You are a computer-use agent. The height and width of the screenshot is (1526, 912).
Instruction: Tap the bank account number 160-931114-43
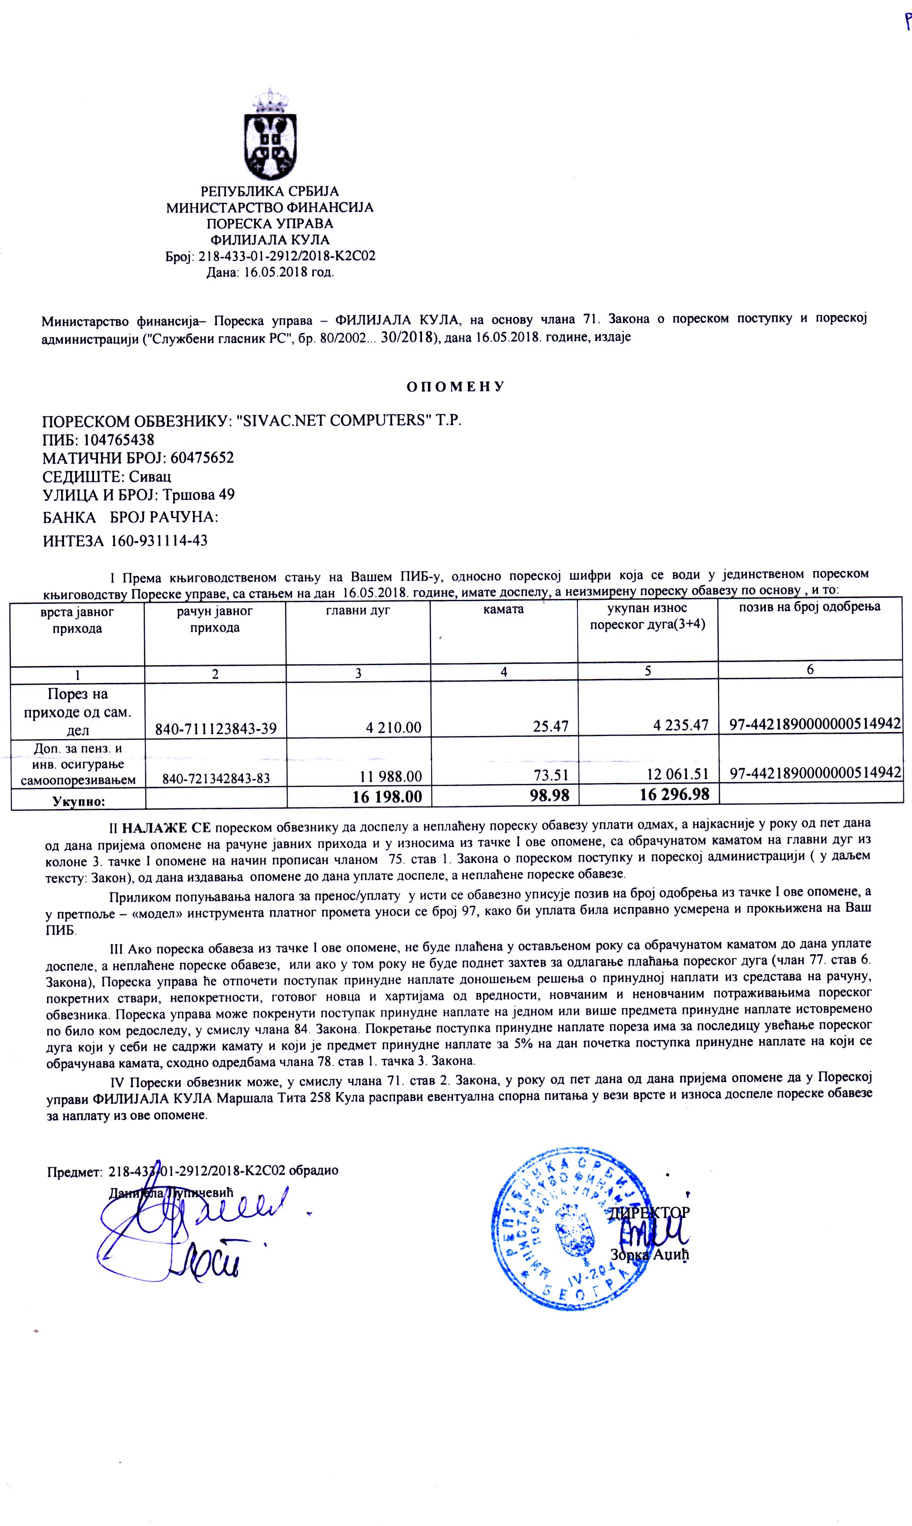click(159, 541)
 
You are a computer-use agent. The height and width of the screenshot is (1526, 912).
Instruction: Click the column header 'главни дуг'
click(358, 611)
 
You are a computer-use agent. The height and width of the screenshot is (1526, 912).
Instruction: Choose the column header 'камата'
click(503, 610)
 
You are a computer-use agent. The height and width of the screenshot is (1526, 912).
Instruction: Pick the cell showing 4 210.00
click(393, 728)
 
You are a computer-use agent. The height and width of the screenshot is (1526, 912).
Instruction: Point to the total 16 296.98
click(674, 795)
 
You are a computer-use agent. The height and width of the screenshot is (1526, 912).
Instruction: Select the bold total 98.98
click(550, 796)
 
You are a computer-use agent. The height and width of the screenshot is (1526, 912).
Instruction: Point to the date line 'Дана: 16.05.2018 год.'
click(270, 273)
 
